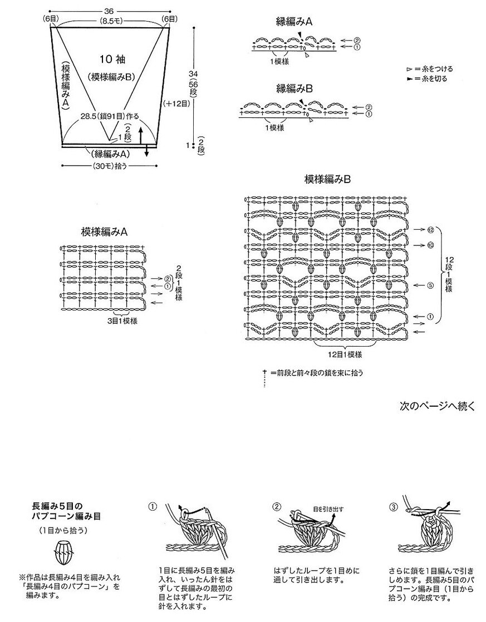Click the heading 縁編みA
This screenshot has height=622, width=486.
[294, 22]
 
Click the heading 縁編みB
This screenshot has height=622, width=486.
[294, 88]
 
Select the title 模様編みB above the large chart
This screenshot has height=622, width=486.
[327, 179]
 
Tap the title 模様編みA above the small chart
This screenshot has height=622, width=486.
[104, 231]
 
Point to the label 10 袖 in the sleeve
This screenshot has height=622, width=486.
[112, 60]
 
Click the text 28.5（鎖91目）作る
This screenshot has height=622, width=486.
[110, 116]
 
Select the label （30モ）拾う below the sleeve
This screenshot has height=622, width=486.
[110, 166]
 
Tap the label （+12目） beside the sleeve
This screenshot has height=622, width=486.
[177, 103]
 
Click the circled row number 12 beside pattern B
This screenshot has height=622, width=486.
[431, 230]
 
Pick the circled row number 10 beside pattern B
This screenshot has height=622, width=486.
[431, 245]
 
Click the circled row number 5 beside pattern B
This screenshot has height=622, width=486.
[431, 285]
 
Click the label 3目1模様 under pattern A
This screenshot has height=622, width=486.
[122, 321]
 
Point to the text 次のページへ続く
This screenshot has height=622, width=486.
[437, 406]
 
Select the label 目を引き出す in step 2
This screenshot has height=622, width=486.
[328, 509]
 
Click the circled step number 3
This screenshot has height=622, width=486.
[392, 507]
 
